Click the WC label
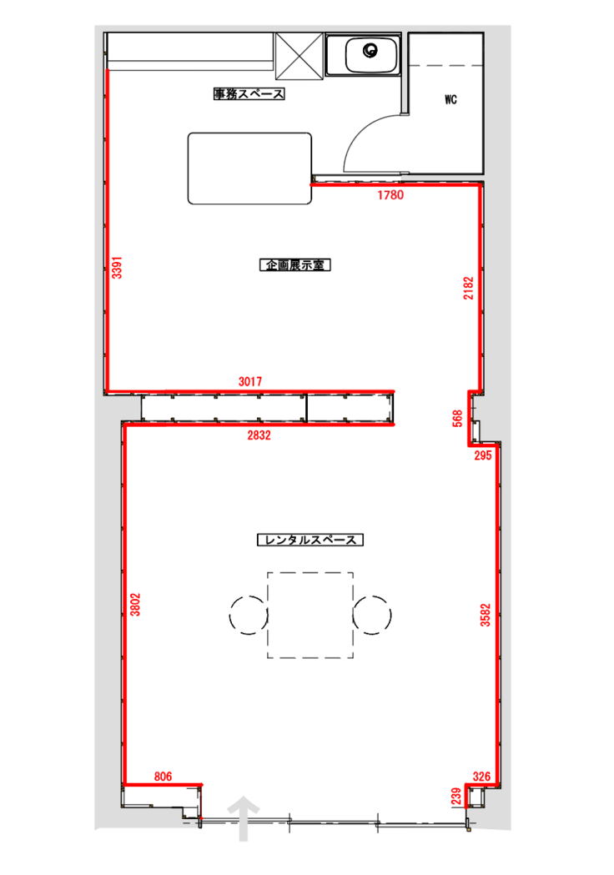point(451,100)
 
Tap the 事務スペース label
point(249,93)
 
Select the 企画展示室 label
point(295,265)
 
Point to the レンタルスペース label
point(310,541)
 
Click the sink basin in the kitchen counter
point(371,54)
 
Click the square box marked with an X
point(299,57)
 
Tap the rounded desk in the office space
point(249,168)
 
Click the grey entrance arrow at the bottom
point(244,817)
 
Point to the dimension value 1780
point(390,195)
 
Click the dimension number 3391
point(117,268)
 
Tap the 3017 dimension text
point(250,382)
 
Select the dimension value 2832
point(259,435)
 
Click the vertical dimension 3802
point(135,605)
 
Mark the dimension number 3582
point(486,615)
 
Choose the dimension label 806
point(163,777)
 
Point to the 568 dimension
point(458,419)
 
